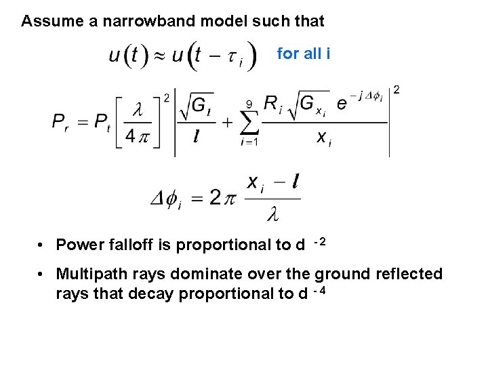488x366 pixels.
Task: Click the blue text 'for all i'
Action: (x=304, y=54)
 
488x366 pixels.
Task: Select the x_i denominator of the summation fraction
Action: (x=325, y=138)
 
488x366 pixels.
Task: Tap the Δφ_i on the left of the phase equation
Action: (x=165, y=199)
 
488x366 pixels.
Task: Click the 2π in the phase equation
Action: (x=220, y=197)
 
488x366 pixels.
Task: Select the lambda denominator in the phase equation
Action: (x=272, y=216)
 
